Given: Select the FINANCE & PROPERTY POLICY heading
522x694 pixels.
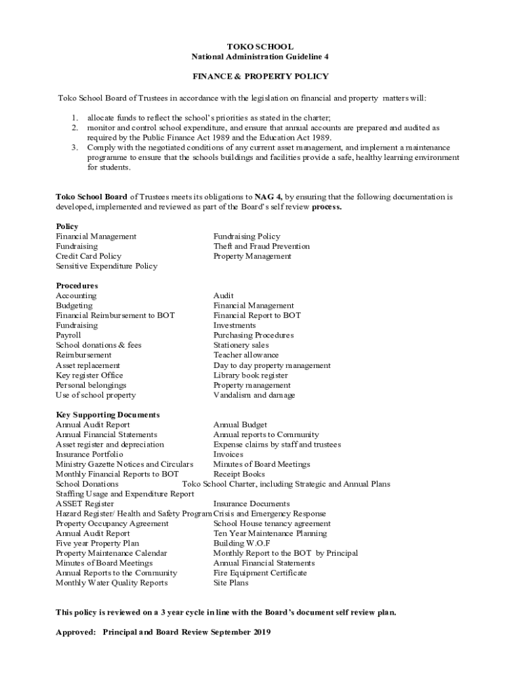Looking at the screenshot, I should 260,77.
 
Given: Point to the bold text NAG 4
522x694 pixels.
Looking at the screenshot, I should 268,197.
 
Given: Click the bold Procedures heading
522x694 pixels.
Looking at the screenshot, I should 77,286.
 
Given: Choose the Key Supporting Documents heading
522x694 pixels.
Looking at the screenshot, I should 107,415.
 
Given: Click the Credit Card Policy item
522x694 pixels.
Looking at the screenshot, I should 88,256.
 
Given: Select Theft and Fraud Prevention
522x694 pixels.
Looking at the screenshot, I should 261,247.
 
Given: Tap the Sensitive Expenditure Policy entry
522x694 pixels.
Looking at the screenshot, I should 106,266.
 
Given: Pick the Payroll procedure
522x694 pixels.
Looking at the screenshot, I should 68,335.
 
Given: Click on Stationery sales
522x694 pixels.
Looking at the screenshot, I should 241,346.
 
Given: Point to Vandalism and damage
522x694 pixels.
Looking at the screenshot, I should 254,395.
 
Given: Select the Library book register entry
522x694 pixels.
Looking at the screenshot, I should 250,375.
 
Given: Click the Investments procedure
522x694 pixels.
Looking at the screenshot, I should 235,326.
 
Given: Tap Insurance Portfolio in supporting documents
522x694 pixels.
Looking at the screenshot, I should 89,455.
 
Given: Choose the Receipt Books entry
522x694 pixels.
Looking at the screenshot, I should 239,474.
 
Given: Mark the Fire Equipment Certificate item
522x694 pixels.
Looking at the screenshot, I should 260,573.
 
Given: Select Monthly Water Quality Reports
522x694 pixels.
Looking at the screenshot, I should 111,583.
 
